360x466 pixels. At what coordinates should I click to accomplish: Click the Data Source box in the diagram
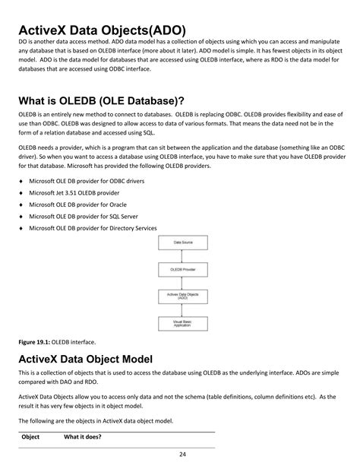pos(183,243)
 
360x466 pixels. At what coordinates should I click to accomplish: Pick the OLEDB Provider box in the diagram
pos(183,269)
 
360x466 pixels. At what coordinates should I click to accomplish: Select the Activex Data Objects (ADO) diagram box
pos(183,296)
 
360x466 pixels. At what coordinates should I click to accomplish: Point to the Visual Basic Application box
pos(183,325)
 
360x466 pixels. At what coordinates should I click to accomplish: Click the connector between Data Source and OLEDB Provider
pos(183,255)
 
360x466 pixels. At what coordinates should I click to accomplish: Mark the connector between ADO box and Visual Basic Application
pos(183,311)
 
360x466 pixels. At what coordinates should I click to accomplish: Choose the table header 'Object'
pos(30,437)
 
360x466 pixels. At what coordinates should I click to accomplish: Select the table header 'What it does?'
pos(83,437)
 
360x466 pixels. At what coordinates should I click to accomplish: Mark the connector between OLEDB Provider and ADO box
pos(183,283)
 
